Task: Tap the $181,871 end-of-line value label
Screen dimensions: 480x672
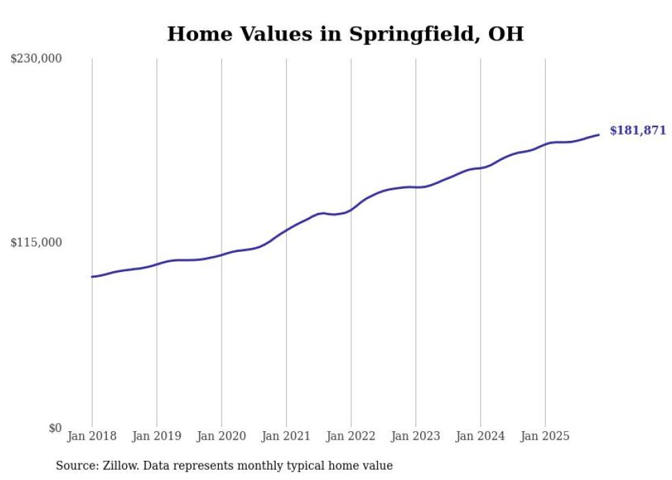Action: (638, 130)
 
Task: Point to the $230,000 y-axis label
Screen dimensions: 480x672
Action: (36, 59)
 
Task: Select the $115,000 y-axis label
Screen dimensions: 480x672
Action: (36, 242)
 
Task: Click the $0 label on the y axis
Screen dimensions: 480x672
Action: (55, 428)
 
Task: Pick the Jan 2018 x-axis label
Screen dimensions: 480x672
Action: (92, 436)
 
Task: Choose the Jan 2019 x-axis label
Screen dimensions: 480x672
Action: (156, 436)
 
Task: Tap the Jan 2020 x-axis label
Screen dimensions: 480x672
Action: (221, 436)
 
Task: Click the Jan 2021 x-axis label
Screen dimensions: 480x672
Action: (286, 436)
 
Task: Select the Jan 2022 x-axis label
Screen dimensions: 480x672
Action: (351, 436)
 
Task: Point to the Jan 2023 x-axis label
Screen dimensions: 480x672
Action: (416, 436)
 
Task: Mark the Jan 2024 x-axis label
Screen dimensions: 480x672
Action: (481, 436)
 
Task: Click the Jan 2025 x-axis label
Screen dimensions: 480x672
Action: (545, 436)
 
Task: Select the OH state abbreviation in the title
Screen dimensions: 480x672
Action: (505, 34)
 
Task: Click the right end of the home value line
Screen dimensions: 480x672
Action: (599, 135)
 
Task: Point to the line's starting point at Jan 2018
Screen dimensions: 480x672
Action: (92, 277)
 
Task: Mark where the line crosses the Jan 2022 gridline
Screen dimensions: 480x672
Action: (351, 209)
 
